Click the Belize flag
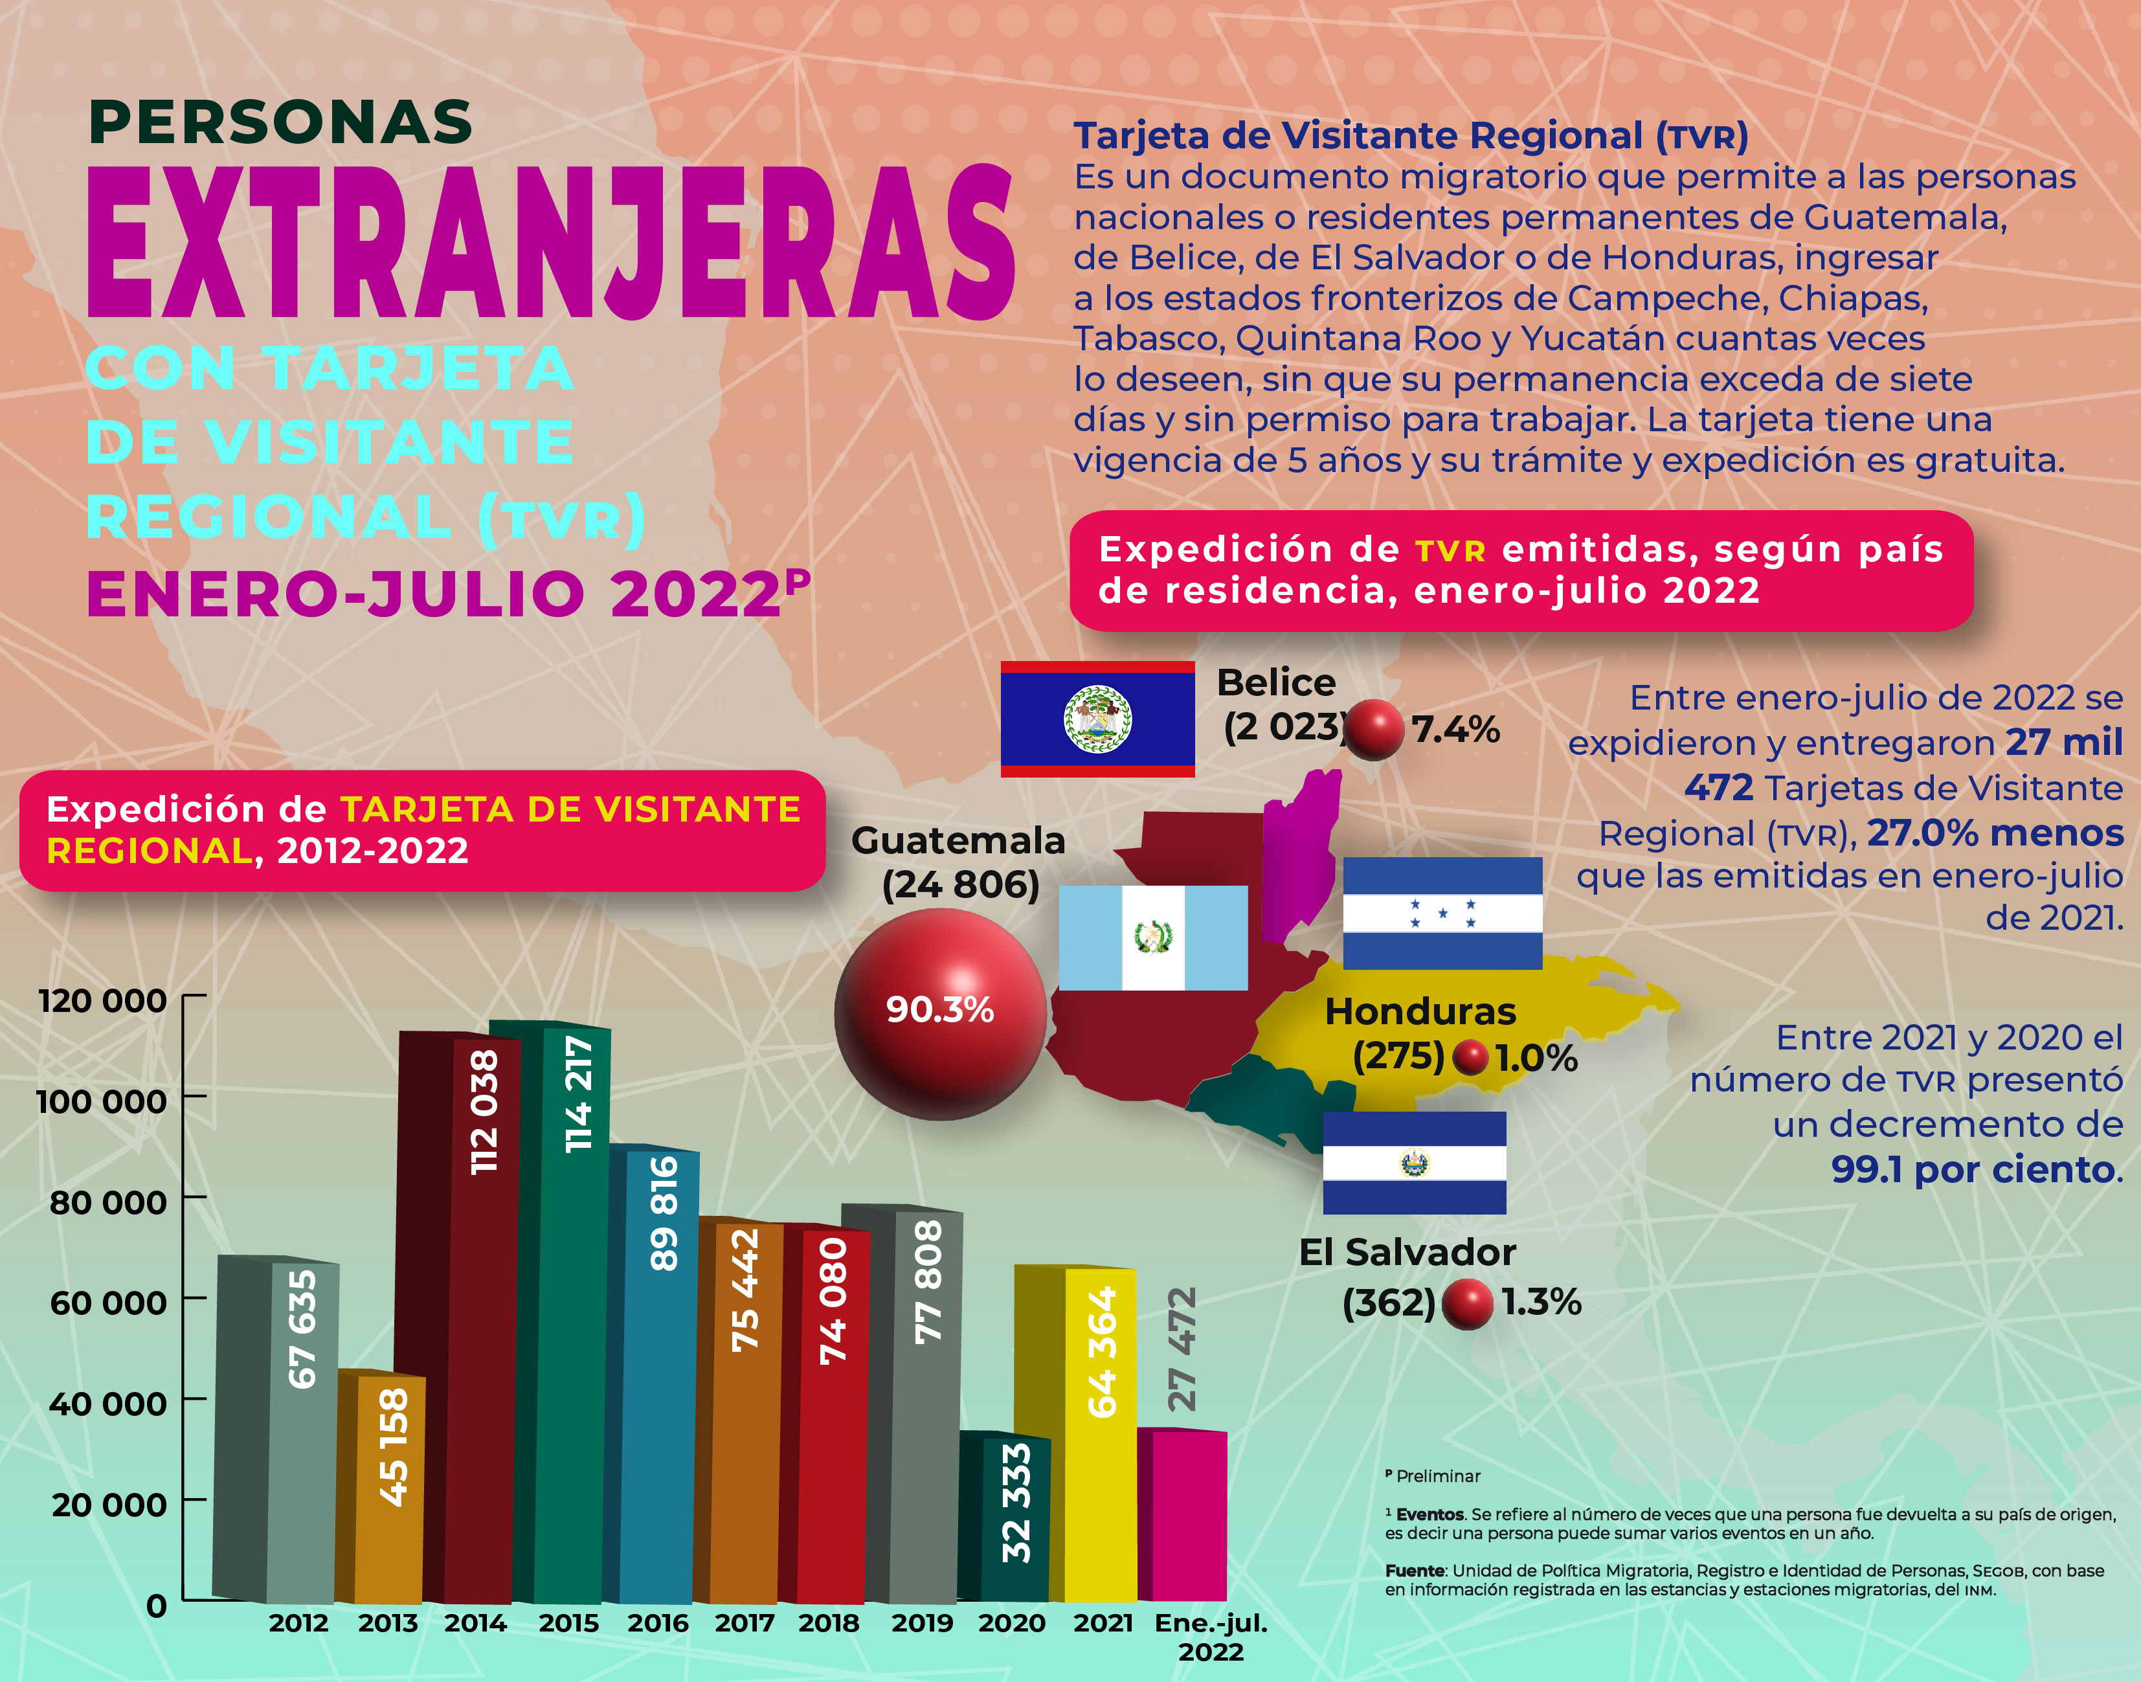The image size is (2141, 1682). pos(1097,719)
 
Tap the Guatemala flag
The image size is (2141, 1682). pos(1152,937)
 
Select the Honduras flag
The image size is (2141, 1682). pos(1442,913)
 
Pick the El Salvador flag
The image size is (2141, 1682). pos(1414,1163)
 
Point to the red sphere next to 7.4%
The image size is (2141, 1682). pos(1374,730)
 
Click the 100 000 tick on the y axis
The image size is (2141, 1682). pos(102,1101)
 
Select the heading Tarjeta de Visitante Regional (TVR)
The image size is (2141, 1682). pos(1409,136)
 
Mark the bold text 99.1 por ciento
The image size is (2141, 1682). pos(1975,1169)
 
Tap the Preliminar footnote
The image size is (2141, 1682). pos(1437,1476)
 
